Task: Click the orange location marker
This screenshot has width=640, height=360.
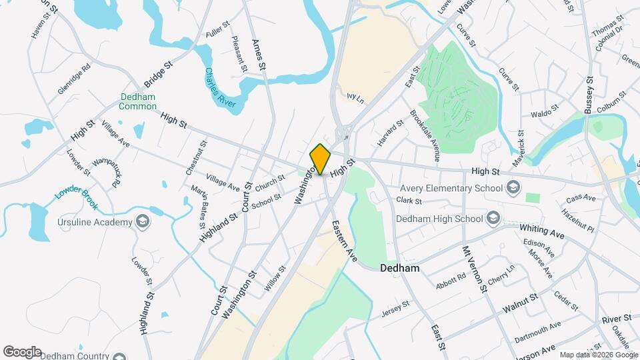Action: point(321,159)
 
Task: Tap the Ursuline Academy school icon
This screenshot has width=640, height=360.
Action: point(142,221)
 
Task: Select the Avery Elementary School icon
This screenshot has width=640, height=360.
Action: point(512,187)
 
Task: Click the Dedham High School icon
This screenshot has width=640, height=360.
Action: point(492,218)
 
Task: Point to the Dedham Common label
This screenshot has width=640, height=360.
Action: point(137,101)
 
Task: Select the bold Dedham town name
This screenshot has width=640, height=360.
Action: point(399,269)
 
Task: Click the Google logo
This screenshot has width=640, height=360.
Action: point(22,352)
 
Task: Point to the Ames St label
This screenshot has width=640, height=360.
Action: point(259,54)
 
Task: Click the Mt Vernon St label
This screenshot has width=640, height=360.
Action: point(474,267)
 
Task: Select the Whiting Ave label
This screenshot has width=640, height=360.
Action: point(542,231)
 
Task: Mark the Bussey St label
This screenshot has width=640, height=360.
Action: point(590,97)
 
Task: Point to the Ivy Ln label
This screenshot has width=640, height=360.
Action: point(355,97)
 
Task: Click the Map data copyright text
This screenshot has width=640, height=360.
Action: point(598,355)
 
